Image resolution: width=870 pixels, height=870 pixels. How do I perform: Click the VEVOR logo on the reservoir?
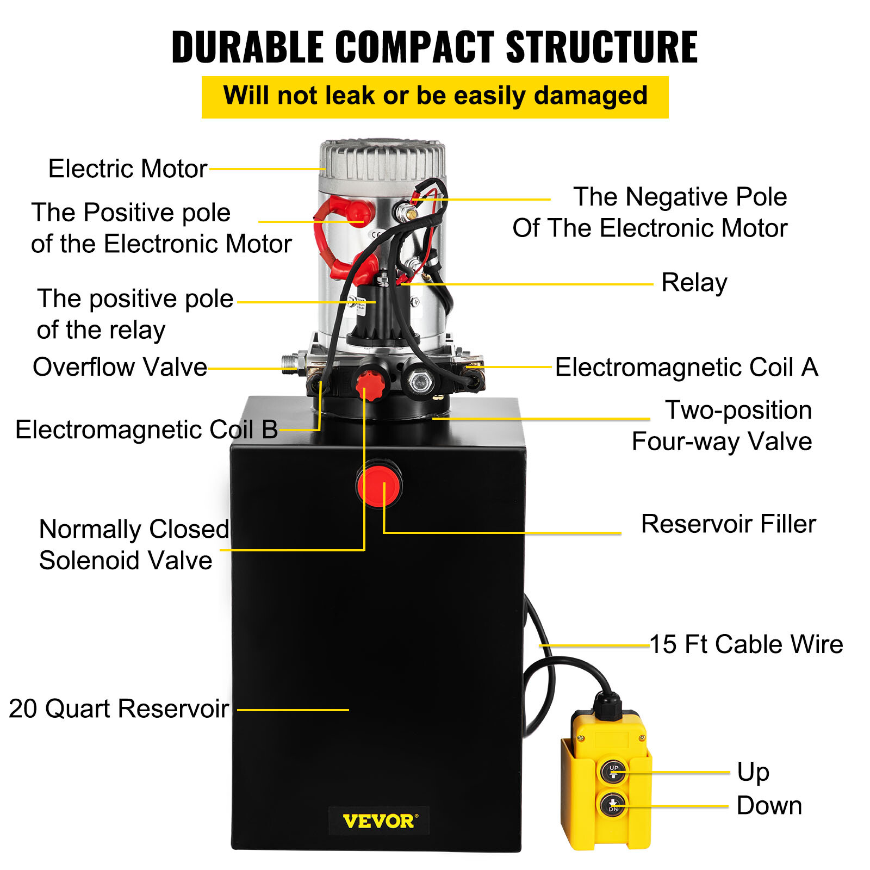click(x=379, y=821)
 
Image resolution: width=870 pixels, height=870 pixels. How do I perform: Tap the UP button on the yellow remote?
click(x=613, y=771)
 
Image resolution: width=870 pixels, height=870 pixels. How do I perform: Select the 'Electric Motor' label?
click(x=128, y=169)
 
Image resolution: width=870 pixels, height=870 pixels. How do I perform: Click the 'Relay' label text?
click(x=694, y=283)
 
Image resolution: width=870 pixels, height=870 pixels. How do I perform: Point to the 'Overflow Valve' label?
click(x=120, y=367)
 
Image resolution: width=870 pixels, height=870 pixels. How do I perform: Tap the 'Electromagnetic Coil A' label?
click(x=686, y=368)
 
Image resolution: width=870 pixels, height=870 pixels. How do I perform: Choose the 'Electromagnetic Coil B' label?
click(x=146, y=430)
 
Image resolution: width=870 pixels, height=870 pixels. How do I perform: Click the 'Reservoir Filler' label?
click(x=728, y=524)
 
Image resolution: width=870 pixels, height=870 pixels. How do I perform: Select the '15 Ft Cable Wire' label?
click(x=746, y=644)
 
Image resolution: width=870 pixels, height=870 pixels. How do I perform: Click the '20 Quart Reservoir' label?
click(x=119, y=709)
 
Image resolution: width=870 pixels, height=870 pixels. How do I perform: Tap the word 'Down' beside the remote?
click(x=769, y=806)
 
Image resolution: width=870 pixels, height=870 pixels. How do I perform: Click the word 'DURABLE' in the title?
click(x=247, y=47)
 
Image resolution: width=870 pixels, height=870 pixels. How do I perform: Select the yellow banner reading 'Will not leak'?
click(x=435, y=97)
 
